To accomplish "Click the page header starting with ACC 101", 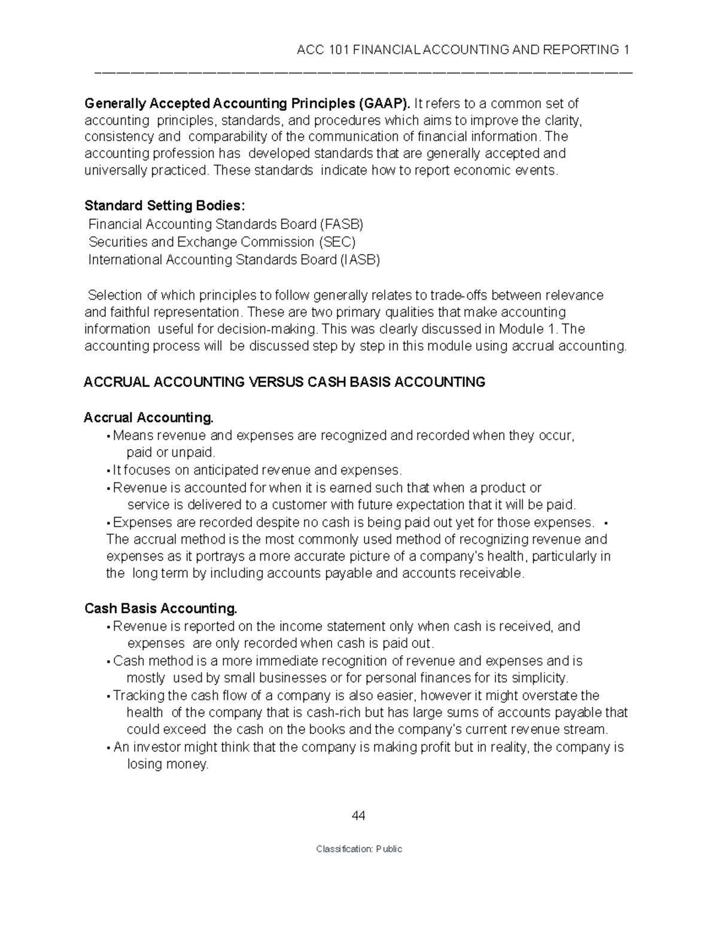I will point(463,49).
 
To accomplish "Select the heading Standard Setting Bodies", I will point(165,206).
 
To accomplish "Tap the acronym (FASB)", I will point(341,224).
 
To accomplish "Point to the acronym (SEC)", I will point(337,242).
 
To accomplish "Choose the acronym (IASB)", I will point(360,260).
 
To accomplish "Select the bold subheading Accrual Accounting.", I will point(148,417).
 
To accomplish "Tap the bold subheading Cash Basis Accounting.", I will point(161,608).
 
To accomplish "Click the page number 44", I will point(358,816).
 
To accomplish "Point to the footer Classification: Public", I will point(359,849).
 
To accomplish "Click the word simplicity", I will point(538,678).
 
